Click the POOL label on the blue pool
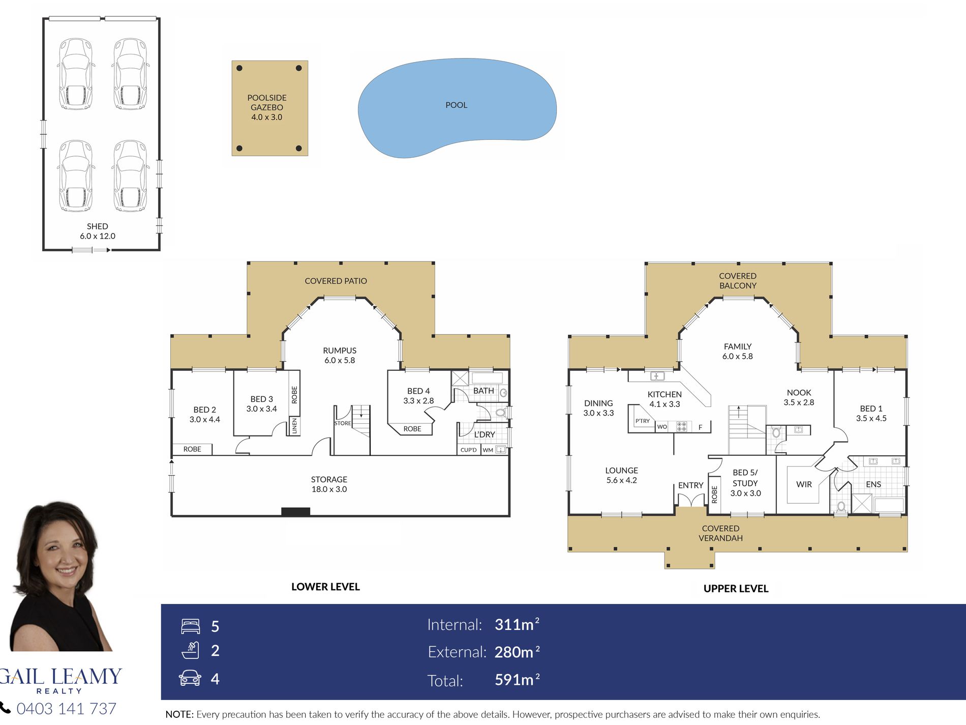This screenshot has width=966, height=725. pyautogui.click(x=456, y=105)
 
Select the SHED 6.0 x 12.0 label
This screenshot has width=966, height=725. pyautogui.click(x=98, y=231)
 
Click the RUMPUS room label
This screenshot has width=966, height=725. pyautogui.click(x=340, y=351)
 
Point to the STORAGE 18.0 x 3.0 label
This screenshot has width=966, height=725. pyautogui.click(x=329, y=484)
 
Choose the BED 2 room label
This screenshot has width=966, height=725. pyautogui.click(x=205, y=410)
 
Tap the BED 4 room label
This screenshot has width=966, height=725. pyautogui.click(x=418, y=391)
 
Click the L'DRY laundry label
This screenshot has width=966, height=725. pyautogui.click(x=485, y=434)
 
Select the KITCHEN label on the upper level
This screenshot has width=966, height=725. pyautogui.click(x=665, y=394)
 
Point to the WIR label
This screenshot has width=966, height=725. pyautogui.click(x=804, y=484)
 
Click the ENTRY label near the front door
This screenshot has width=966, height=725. pyautogui.click(x=690, y=485)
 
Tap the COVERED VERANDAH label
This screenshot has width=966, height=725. pyautogui.click(x=720, y=533)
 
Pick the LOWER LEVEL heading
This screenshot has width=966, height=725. pyautogui.click(x=325, y=587)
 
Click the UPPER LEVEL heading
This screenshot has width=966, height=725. pyautogui.click(x=736, y=589)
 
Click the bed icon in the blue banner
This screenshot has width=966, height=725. pyautogui.click(x=191, y=626)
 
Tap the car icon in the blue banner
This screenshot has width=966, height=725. pyautogui.click(x=190, y=678)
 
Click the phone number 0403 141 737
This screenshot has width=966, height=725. pyautogui.click(x=67, y=708)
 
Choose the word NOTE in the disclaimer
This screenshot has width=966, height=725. pyautogui.click(x=179, y=714)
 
